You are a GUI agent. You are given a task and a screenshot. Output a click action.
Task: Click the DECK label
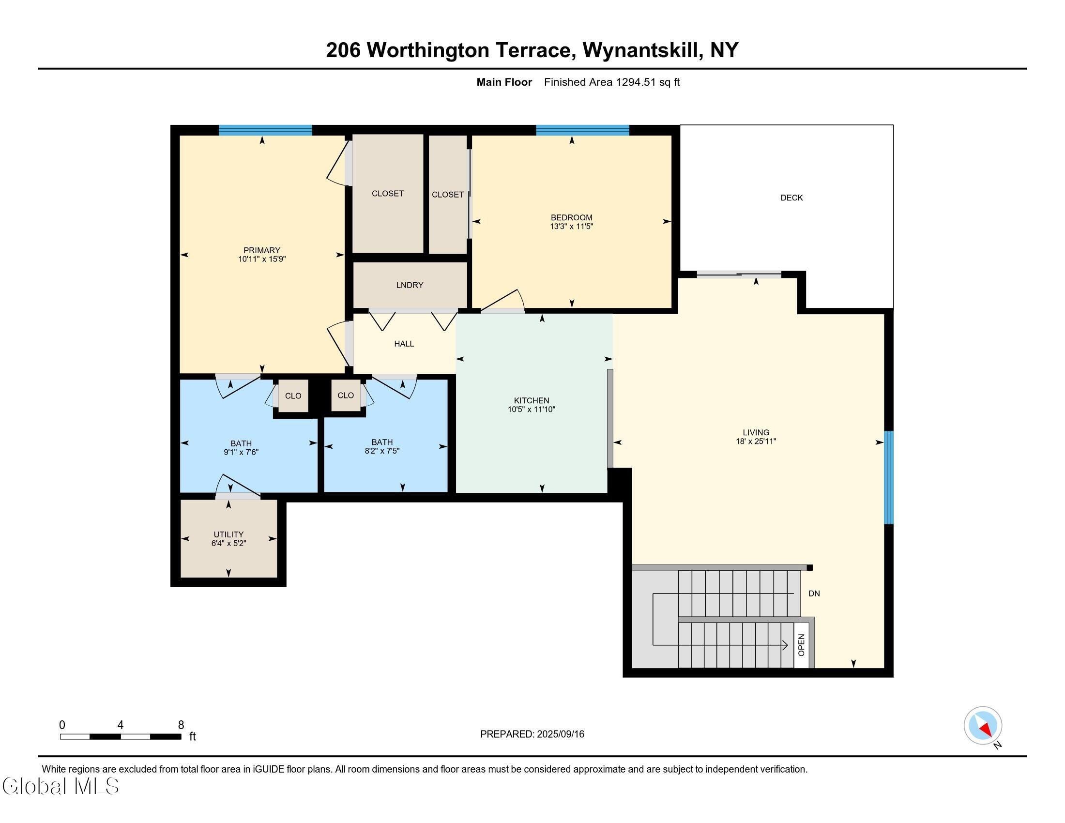791,198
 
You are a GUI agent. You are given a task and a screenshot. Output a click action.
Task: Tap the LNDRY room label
410,285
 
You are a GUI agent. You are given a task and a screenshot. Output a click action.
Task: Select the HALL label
404,344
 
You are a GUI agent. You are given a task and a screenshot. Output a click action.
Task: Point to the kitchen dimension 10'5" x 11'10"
532,410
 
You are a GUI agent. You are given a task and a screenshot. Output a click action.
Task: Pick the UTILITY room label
228,534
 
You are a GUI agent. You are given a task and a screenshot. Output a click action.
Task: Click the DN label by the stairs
814,594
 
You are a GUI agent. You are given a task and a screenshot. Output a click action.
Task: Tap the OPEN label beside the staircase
801,645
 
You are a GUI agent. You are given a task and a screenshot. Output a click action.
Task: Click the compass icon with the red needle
983,726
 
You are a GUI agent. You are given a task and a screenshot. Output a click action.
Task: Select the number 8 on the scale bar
181,725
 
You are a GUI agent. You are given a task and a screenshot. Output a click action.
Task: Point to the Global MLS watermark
61,786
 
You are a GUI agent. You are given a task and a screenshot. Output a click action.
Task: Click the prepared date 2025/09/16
560,734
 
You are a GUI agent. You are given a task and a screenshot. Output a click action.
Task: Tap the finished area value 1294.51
636,82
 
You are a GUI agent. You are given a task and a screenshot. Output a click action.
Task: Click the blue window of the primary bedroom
265,130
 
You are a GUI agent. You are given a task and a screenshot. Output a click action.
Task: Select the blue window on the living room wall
889,477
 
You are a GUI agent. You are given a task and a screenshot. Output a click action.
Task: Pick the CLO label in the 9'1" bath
293,396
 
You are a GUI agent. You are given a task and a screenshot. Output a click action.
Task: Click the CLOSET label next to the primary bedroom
388,194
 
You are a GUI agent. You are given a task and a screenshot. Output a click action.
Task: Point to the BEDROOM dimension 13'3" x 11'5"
572,226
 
